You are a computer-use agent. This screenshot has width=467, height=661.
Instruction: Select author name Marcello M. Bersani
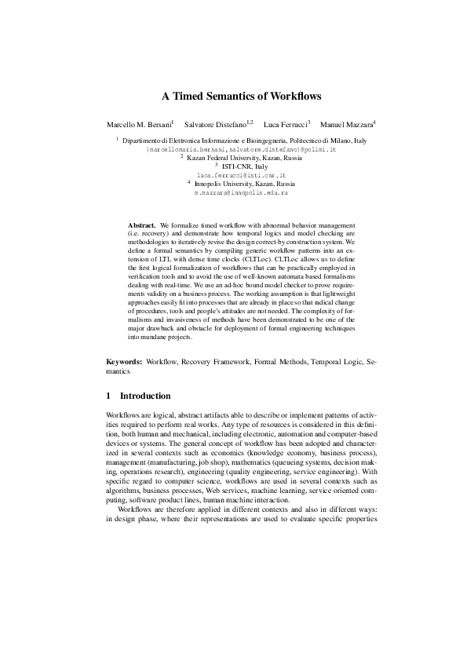138,125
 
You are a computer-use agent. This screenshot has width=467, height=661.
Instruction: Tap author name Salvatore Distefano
213,125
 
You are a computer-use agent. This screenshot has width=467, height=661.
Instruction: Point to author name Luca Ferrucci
285,125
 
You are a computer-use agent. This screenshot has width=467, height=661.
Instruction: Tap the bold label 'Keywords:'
124,362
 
